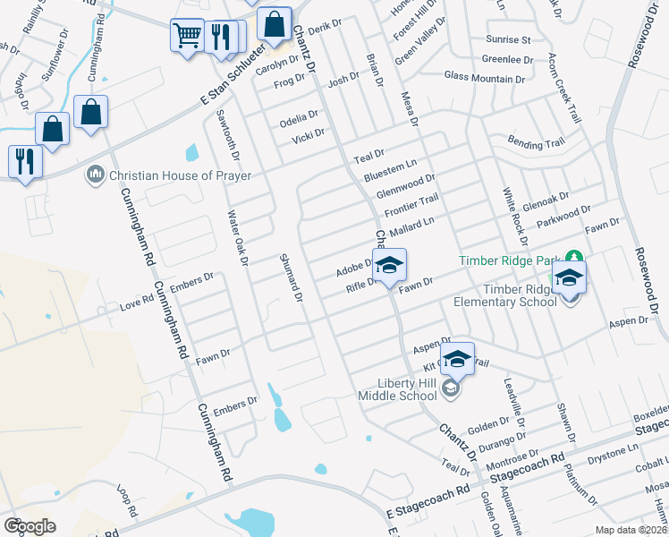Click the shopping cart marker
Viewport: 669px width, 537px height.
187,37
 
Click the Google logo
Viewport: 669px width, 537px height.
30,526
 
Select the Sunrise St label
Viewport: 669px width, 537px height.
508,40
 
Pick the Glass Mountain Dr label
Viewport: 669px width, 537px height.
484,80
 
